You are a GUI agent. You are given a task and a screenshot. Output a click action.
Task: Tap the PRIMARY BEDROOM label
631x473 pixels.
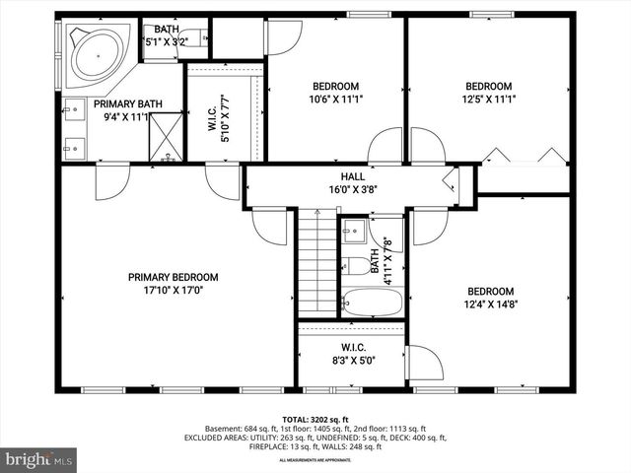point(173,278)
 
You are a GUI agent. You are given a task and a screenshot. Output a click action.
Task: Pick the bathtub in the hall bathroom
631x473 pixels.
point(372,302)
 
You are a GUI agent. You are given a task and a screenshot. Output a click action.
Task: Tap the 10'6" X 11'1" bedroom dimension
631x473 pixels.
point(336,99)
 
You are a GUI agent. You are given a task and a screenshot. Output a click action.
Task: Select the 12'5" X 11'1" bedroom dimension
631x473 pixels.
point(489,99)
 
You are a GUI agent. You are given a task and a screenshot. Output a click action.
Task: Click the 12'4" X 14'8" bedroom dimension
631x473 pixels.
point(490,304)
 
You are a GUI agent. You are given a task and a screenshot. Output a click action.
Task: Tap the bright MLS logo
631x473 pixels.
point(39,459)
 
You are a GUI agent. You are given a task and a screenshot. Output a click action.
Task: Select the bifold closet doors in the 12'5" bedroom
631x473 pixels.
point(524,156)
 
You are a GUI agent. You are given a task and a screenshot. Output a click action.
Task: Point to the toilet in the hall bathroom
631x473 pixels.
point(354,265)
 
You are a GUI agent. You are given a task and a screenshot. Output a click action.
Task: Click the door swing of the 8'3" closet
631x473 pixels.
point(424,362)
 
